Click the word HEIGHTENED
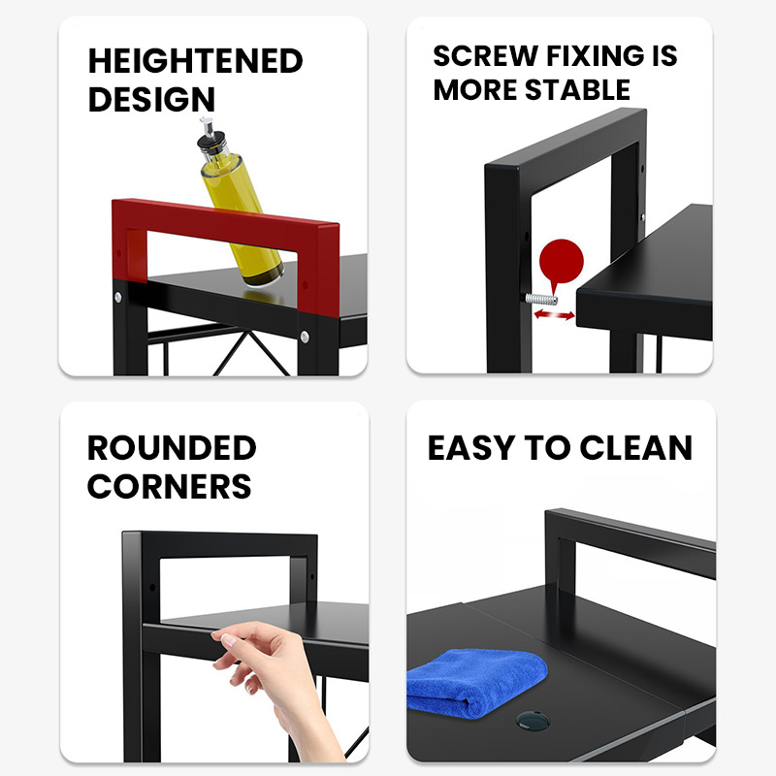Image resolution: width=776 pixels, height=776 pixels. click(196, 61)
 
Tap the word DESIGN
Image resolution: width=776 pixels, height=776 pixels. click(151, 99)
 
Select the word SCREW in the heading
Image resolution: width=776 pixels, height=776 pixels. click(486, 55)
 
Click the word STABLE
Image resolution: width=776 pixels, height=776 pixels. click(577, 89)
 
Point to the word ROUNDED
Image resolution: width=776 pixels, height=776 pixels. click(172, 448)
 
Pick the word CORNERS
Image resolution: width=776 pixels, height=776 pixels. click(169, 487)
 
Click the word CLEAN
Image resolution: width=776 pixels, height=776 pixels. click(635, 448)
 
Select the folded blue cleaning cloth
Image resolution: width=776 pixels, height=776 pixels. click(476, 684)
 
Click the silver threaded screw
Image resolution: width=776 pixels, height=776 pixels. click(541, 299)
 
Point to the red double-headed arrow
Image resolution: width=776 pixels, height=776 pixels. click(554, 314)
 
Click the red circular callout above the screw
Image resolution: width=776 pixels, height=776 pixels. click(562, 262)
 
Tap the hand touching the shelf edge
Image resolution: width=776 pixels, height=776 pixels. click(275, 686)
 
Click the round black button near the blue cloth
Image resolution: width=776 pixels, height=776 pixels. click(533, 720)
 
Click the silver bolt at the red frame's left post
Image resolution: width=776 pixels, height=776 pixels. click(117, 297)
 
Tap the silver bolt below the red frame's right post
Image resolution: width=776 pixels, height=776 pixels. click(305, 337)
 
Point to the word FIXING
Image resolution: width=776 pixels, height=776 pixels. click(595, 55)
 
